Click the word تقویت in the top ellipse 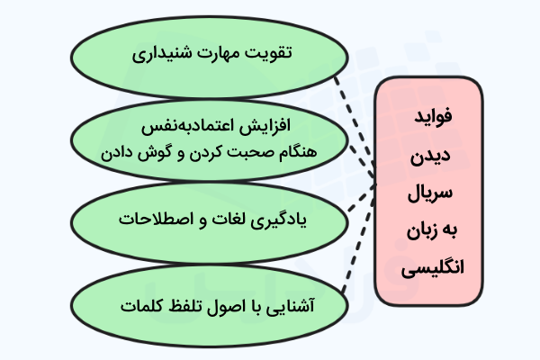click(269, 53)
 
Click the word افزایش click(265, 125)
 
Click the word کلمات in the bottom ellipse click(142, 306)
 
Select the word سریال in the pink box click(430, 193)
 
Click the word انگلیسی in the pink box click(433, 267)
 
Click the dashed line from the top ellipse click(355, 127)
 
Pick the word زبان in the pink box click(422, 230)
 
